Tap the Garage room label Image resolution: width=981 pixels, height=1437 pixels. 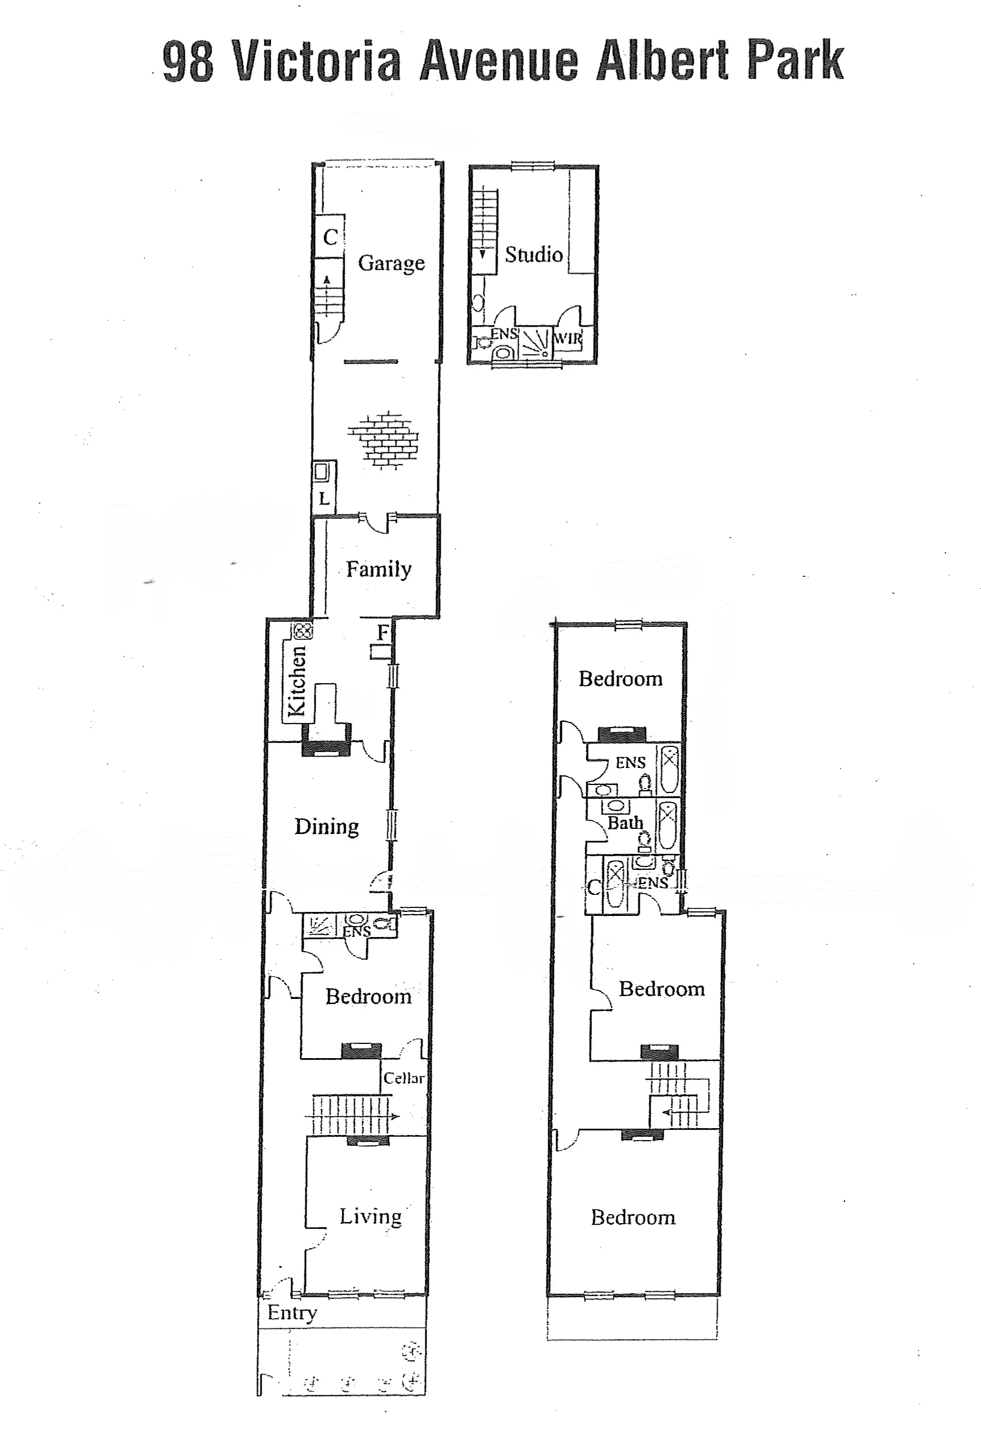click(x=391, y=263)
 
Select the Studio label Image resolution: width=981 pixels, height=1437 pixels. click(x=533, y=254)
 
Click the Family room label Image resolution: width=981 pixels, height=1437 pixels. click(x=379, y=569)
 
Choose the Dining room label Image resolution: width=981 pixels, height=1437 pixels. click(x=326, y=827)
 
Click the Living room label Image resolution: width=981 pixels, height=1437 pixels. click(x=370, y=1216)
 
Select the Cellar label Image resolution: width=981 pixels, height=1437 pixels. click(x=404, y=1077)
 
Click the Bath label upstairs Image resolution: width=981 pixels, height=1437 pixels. click(x=625, y=823)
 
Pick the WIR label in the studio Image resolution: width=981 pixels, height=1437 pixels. click(x=568, y=339)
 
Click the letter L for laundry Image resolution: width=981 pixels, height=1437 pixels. click(x=324, y=498)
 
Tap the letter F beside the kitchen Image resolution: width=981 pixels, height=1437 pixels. click(x=383, y=633)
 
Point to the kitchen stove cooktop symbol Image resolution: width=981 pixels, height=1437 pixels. click(x=303, y=631)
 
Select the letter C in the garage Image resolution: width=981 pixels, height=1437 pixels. click(x=331, y=237)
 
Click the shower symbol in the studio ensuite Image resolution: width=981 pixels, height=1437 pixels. click(x=535, y=342)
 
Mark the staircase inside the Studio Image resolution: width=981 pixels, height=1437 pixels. click(x=485, y=232)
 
